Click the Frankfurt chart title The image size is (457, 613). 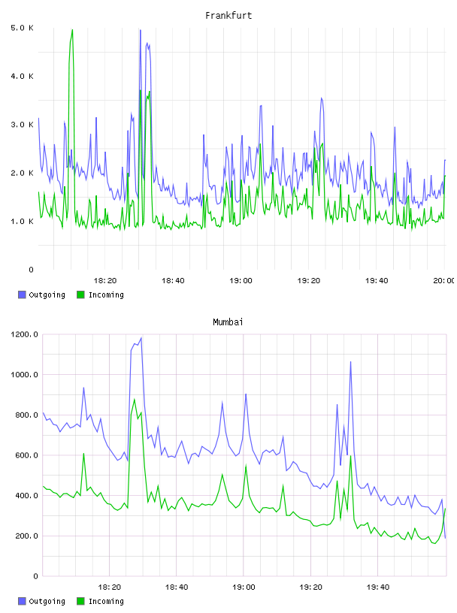pyautogui.click(x=228, y=16)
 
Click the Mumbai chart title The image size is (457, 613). pyautogui.click(x=228, y=322)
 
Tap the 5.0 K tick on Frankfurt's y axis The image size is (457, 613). pyautogui.click(x=23, y=28)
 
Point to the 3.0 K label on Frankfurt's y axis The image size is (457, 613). pyautogui.click(x=23, y=125)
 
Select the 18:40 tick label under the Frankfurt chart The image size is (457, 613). pyautogui.click(x=173, y=280)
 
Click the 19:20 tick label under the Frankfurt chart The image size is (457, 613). pyautogui.click(x=309, y=280)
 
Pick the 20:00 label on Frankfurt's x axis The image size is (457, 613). pyautogui.click(x=444, y=280)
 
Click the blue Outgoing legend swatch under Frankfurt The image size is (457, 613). pyautogui.click(x=22, y=294)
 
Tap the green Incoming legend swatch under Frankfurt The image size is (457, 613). pyautogui.click(x=80, y=294)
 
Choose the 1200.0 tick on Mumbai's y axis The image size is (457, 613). pyautogui.click(x=24, y=334)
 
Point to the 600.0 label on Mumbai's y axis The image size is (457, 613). pyautogui.click(x=26, y=455)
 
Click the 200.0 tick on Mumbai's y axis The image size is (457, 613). pyautogui.click(x=26, y=536)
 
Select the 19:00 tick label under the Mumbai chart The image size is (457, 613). pyautogui.click(x=244, y=587)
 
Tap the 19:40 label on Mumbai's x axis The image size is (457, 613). pyautogui.click(x=378, y=587)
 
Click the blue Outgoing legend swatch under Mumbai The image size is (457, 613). pyautogui.click(x=22, y=601)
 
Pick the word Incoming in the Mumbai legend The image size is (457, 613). pyautogui.click(x=106, y=601)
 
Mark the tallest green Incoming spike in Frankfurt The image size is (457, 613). pyautogui.click(x=72, y=30)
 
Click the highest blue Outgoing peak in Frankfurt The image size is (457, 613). pyautogui.click(x=140, y=30)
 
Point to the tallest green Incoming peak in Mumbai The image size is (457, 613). pyautogui.click(x=135, y=399)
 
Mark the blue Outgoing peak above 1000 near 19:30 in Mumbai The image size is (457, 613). pyautogui.click(x=350, y=361)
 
